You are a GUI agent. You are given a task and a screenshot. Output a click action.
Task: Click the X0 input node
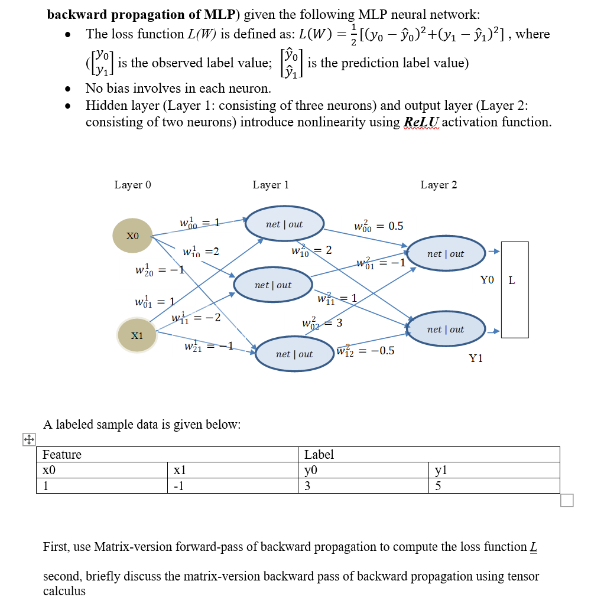[x=132, y=235]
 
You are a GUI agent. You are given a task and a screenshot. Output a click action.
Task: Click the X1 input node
[x=137, y=335]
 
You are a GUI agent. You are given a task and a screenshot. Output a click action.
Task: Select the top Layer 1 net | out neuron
[x=284, y=224]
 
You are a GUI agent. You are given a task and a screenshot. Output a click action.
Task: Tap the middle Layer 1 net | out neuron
[x=273, y=285]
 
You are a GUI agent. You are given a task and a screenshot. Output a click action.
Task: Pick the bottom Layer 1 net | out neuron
[x=294, y=354]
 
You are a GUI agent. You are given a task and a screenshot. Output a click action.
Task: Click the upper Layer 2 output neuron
[x=446, y=253]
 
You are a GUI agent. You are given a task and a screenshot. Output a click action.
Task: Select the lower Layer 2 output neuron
[x=446, y=329]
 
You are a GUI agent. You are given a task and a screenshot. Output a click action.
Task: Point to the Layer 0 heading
[x=132, y=185]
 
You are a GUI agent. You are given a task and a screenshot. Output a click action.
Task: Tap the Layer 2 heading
[x=439, y=185]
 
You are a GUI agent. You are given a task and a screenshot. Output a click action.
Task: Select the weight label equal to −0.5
[x=366, y=351]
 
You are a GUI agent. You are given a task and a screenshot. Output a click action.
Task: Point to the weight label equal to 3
[x=322, y=323]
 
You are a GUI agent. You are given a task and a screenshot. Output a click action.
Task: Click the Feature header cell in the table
[x=168, y=454]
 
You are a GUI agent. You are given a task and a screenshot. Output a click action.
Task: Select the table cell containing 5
[x=494, y=485]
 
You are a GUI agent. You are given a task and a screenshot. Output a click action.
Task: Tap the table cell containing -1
[x=233, y=485]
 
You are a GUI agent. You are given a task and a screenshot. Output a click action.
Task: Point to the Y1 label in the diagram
[x=476, y=358]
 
